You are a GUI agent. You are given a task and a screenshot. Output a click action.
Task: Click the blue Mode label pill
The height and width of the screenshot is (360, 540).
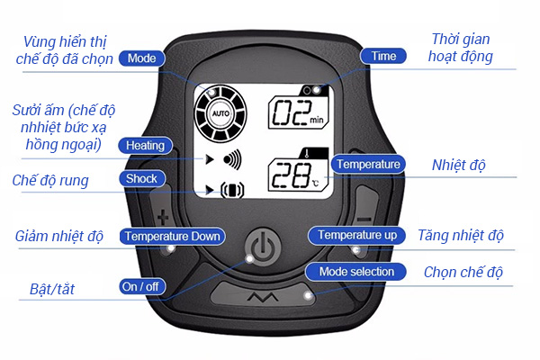click(140, 58)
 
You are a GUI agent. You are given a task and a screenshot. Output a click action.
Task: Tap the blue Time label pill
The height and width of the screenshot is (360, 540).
click(383, 56)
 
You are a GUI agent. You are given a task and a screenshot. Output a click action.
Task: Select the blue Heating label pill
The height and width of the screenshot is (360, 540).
click(144, 145)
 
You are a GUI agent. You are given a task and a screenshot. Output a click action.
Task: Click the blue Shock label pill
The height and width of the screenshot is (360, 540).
click(141, 178)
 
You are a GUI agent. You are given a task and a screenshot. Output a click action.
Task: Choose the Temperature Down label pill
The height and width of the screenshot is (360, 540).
click(173, 236)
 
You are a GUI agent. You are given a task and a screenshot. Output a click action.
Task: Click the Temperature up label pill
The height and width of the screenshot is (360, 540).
click(357, 235)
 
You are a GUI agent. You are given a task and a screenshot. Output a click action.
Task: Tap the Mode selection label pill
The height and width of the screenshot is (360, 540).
click(356, 271)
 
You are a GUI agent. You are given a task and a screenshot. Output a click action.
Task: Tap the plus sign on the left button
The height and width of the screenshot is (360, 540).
click(163, 217)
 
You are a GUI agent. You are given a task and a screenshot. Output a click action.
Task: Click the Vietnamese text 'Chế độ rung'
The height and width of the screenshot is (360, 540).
click(50, 180)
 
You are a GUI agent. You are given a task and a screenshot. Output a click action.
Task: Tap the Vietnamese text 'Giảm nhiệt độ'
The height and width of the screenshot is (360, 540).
click(58, 237)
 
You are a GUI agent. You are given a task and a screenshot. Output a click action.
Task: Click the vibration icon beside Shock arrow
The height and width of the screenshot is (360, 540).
click(232, 190)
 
